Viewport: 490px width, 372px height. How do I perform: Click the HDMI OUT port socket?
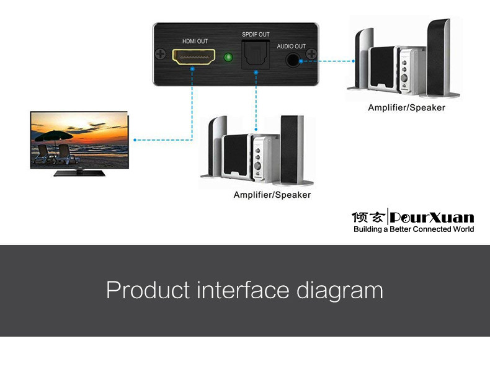click(194, 58)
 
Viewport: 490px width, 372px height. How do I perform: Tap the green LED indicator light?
click(228, 59)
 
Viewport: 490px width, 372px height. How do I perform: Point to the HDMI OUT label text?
click(195, 41)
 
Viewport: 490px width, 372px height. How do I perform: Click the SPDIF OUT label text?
click(256, 34)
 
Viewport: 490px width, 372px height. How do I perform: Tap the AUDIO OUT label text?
click(291, 46)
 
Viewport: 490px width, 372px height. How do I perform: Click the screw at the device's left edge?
click(161, 55)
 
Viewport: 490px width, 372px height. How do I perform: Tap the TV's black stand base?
click(79, 173)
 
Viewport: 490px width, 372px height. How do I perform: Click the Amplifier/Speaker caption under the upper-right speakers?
click(406, 108)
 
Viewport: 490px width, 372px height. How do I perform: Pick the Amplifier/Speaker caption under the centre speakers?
click(272, 195)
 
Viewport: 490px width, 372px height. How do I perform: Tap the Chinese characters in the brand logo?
click(368, 218)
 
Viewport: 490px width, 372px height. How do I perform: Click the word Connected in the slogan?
click(434, 229)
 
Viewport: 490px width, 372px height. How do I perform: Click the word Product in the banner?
click(148, 290)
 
